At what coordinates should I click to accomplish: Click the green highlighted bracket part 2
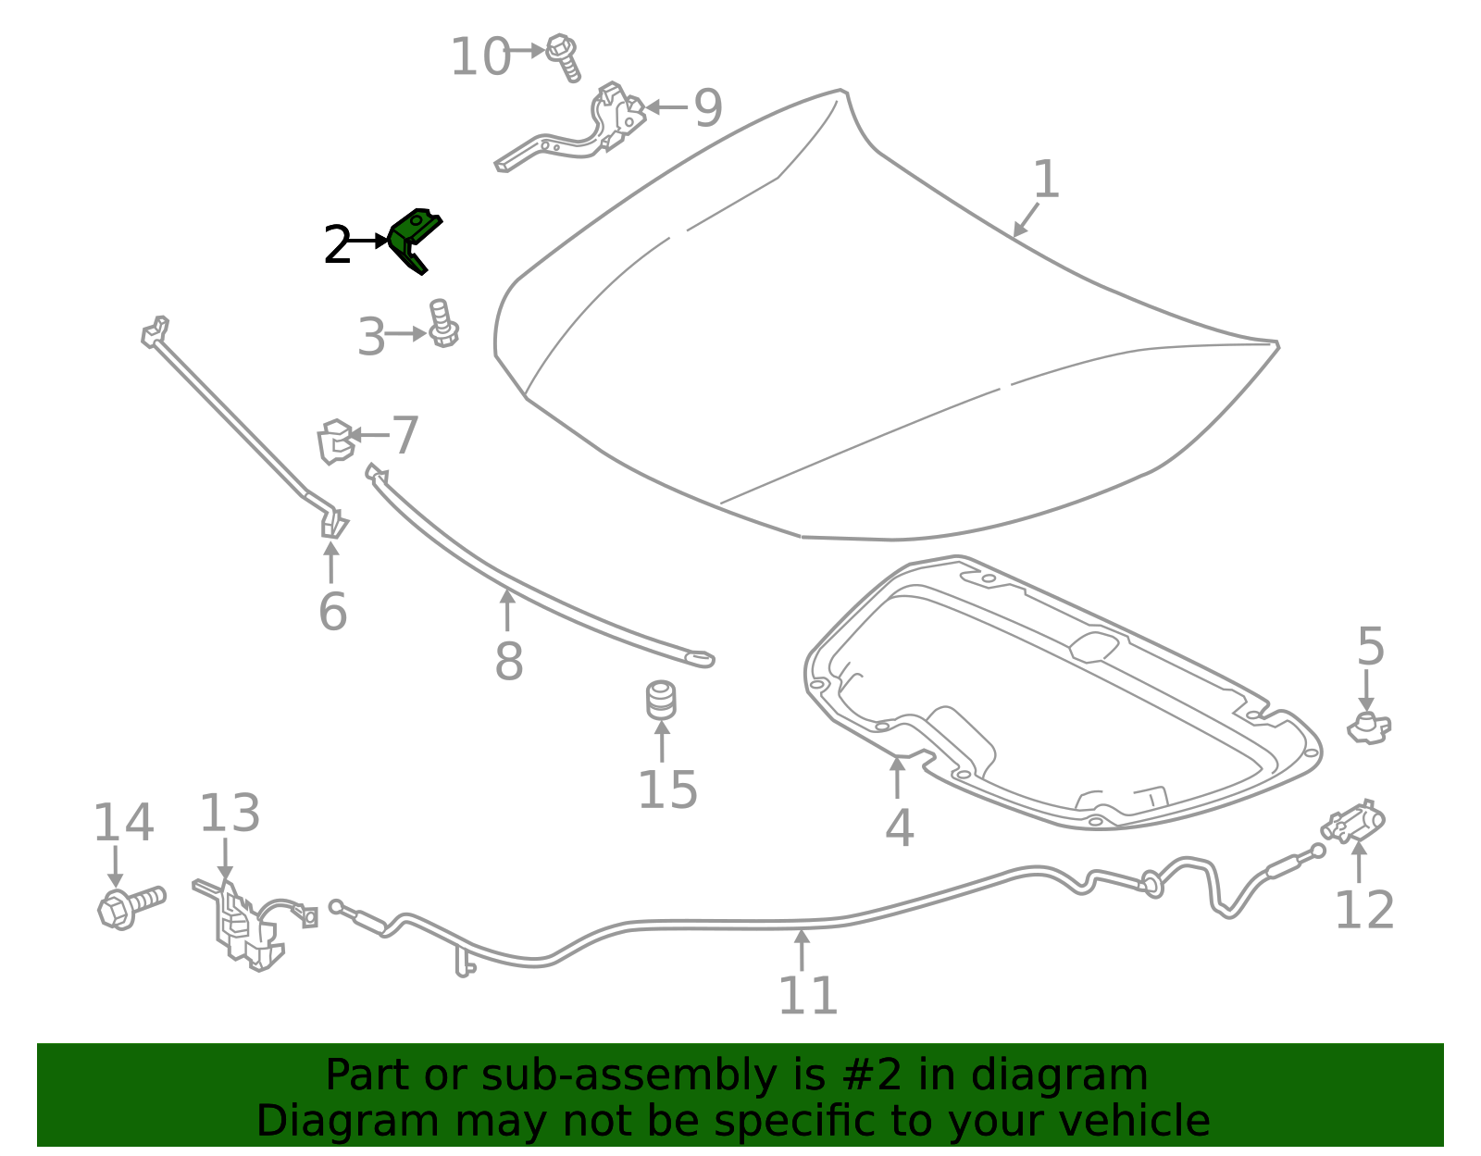click(x=413, y=239)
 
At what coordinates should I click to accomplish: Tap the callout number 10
click(x=480, y=56)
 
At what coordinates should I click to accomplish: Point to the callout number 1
click(x=1047, y=179)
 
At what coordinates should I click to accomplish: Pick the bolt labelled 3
click(x=443, y=323)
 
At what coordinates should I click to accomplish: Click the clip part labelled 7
click(x=336, y=441)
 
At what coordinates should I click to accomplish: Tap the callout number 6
click(x=332, y=611)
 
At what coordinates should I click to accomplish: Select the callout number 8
click(x=508, y=661)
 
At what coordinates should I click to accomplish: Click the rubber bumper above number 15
click(x=661, y=700)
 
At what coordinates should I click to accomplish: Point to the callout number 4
click(x=899, y=828)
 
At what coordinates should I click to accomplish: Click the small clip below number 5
click(x=1369, y=728)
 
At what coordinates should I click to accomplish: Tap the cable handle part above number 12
click(x=1353, y=821)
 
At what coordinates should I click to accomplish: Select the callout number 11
click(x=808, y=995)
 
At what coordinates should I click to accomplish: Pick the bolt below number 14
click(x=131, y=907)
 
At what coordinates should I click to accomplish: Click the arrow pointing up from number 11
click(x=803, y=950)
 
